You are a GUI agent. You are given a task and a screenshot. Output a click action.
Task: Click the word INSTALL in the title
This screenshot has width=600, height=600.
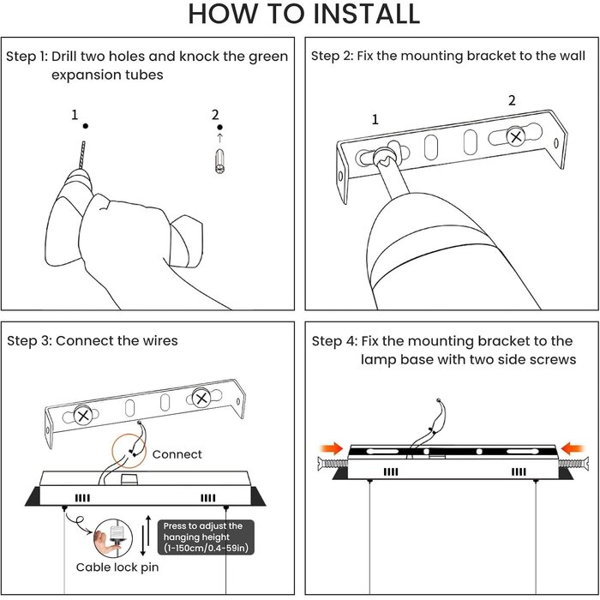366,14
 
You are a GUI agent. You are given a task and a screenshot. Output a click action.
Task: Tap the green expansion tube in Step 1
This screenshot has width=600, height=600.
219,161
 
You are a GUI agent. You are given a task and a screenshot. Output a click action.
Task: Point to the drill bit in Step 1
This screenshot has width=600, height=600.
82,155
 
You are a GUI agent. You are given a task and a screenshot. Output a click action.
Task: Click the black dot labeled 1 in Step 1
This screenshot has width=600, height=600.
86,126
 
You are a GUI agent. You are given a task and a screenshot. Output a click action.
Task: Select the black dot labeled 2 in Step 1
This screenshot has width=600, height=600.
219,127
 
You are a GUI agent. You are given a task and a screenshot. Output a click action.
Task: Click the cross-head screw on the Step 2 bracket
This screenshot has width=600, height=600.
516,136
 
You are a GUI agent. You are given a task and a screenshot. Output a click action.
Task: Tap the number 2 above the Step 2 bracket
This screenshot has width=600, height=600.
512,100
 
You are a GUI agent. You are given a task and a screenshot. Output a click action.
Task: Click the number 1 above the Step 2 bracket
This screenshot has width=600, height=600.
375,120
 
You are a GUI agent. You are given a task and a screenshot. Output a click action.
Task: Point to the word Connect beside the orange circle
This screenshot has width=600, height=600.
177,454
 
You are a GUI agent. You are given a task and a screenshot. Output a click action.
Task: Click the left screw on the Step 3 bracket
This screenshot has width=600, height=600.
83,415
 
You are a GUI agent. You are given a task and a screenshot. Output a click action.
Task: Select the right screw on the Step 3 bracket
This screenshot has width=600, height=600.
201,399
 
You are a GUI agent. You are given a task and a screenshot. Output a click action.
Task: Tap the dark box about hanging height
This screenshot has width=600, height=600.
206,537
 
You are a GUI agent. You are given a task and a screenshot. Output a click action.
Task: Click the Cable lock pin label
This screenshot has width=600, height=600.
117,567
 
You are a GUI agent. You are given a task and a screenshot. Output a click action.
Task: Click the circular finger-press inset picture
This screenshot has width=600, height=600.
113,538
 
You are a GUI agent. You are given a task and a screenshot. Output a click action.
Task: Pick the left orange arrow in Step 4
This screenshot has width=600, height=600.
332,448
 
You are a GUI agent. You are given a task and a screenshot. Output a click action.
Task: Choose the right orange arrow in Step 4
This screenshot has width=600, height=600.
572,448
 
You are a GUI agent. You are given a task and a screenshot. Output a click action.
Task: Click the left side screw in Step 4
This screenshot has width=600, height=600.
333,465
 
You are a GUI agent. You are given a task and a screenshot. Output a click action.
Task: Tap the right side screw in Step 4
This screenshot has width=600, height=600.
573,465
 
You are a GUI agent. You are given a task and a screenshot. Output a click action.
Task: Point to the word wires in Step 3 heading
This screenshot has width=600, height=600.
160,340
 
